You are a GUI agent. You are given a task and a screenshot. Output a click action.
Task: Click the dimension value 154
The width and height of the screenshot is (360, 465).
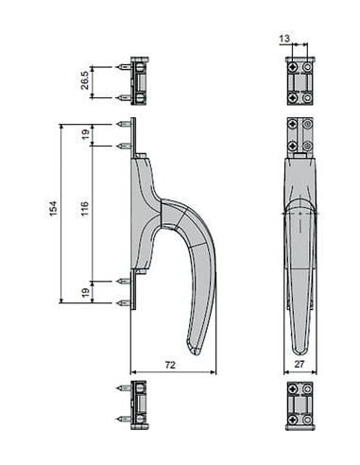(53, 208)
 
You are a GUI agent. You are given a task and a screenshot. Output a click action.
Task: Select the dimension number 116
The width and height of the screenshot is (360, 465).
(85, 208)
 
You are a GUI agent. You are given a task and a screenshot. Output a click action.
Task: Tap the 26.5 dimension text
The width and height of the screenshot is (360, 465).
(85, 80)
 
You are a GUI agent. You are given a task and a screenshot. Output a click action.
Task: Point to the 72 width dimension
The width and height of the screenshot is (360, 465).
(170, 365)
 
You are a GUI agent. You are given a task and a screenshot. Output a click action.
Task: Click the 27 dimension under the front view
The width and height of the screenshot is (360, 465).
(300, 364)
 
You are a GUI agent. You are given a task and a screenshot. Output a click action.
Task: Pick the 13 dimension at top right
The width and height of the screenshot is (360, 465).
(284, 39)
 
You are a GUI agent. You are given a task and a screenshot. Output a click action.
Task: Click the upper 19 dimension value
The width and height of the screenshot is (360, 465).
(85, 135)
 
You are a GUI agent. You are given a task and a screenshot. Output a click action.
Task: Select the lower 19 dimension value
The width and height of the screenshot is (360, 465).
(85, 292)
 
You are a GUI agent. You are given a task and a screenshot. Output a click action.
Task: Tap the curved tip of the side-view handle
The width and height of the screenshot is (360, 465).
(193, 352)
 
